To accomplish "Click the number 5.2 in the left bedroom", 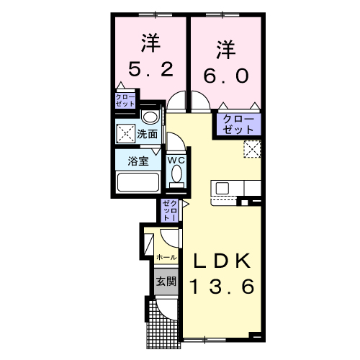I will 151,70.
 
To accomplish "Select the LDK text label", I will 220,260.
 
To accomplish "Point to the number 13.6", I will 222,287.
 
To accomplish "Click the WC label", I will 176,161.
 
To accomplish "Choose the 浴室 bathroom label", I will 140,161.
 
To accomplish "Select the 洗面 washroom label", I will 148,133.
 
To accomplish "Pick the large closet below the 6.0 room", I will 238,125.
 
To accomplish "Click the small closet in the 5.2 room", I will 126,99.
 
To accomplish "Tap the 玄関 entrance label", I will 166,281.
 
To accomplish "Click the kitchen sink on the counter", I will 222,189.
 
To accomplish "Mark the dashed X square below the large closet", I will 251,149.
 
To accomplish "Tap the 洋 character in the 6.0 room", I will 225,49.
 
